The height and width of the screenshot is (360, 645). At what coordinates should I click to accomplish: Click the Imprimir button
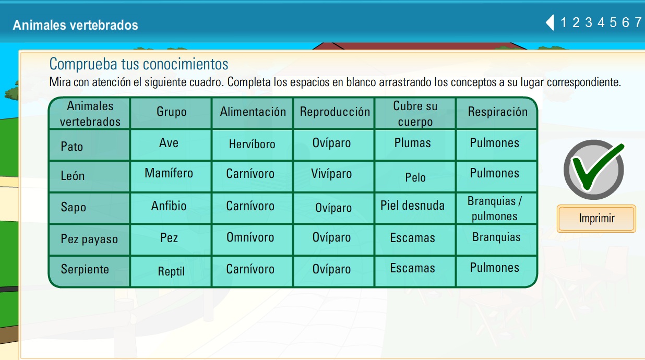tap(596, 219)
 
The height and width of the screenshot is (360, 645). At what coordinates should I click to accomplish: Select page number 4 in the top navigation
tap(601, 22)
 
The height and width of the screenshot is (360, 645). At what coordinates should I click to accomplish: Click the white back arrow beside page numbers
tap(550, 22)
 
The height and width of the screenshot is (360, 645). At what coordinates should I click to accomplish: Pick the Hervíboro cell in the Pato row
tap(252, 145)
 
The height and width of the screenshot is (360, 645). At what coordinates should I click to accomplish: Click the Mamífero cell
tap(169, 173)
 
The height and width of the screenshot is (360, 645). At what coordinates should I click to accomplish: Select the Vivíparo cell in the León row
tap(331, 174)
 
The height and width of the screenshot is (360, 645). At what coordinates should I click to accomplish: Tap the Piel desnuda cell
tap(412, 206)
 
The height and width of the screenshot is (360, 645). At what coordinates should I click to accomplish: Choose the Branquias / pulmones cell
tap(495, 209)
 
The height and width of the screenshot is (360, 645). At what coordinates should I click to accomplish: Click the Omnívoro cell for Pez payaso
tap(250, 237)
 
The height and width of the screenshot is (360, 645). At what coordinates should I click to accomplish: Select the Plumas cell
tap(412, 143)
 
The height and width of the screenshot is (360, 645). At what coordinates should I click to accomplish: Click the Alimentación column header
tap(253, 112)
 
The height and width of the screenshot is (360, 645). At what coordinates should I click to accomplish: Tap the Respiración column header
tap(497, 112)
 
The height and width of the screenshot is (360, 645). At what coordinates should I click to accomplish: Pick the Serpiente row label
tap(85, 270)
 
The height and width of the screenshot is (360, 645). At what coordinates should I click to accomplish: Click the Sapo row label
tap(74, 207)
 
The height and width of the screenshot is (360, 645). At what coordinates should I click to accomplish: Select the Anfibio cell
tap(169, 206)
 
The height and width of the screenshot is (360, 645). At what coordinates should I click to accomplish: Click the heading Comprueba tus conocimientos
tap(139, 64)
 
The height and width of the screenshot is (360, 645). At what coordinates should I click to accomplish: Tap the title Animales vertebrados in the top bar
tap(76, 25)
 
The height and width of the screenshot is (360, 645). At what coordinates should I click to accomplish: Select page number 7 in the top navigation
tap(638, 22)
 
